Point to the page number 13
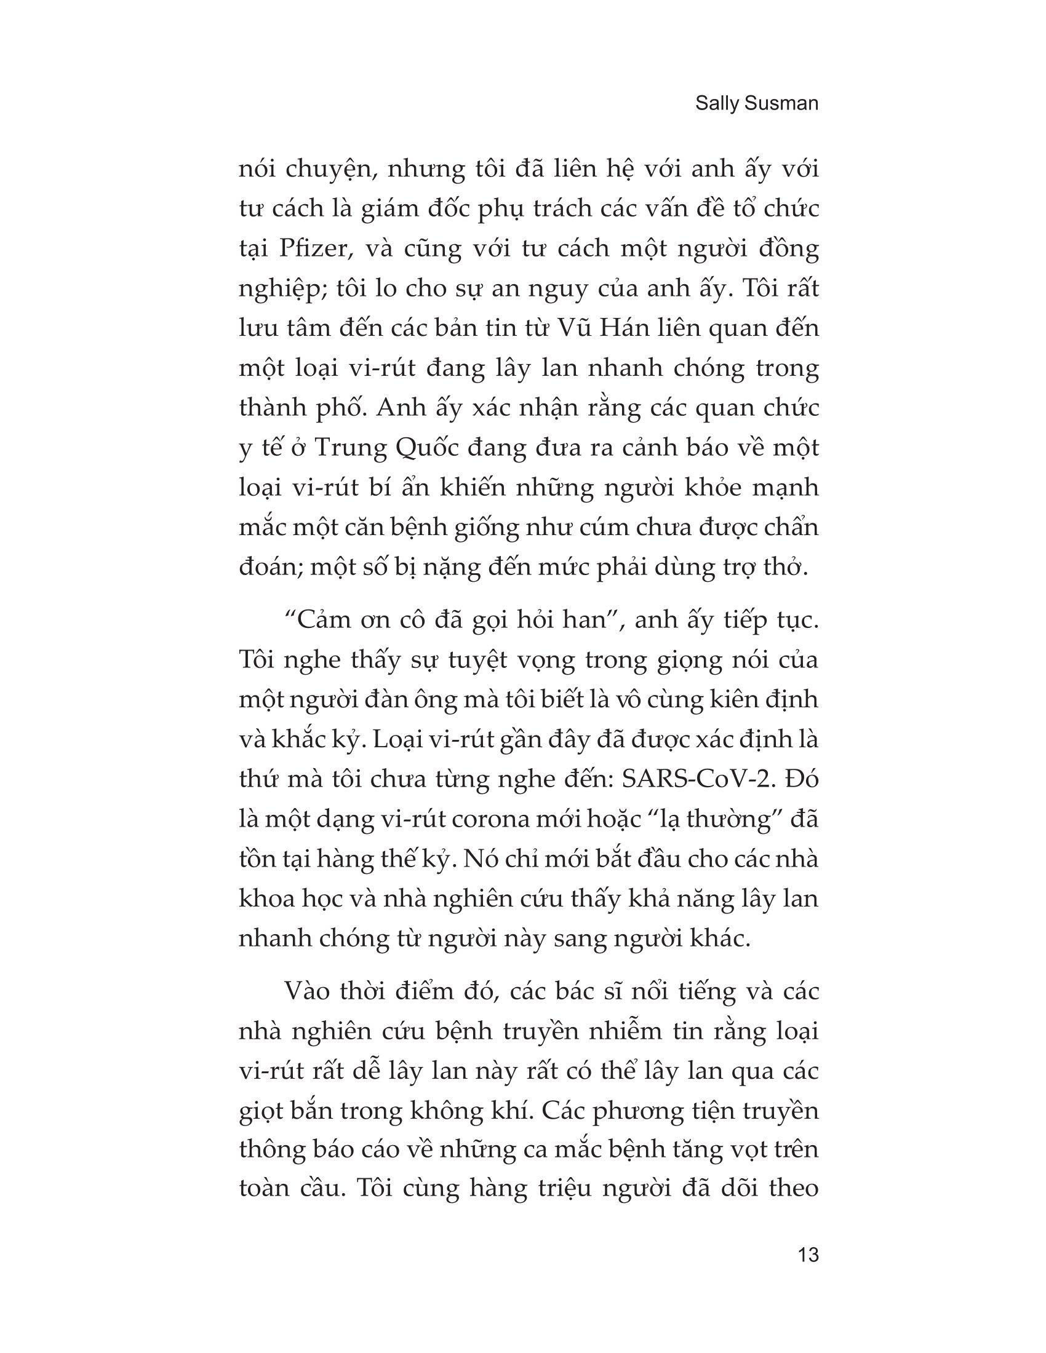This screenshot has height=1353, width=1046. (808, 1255)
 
